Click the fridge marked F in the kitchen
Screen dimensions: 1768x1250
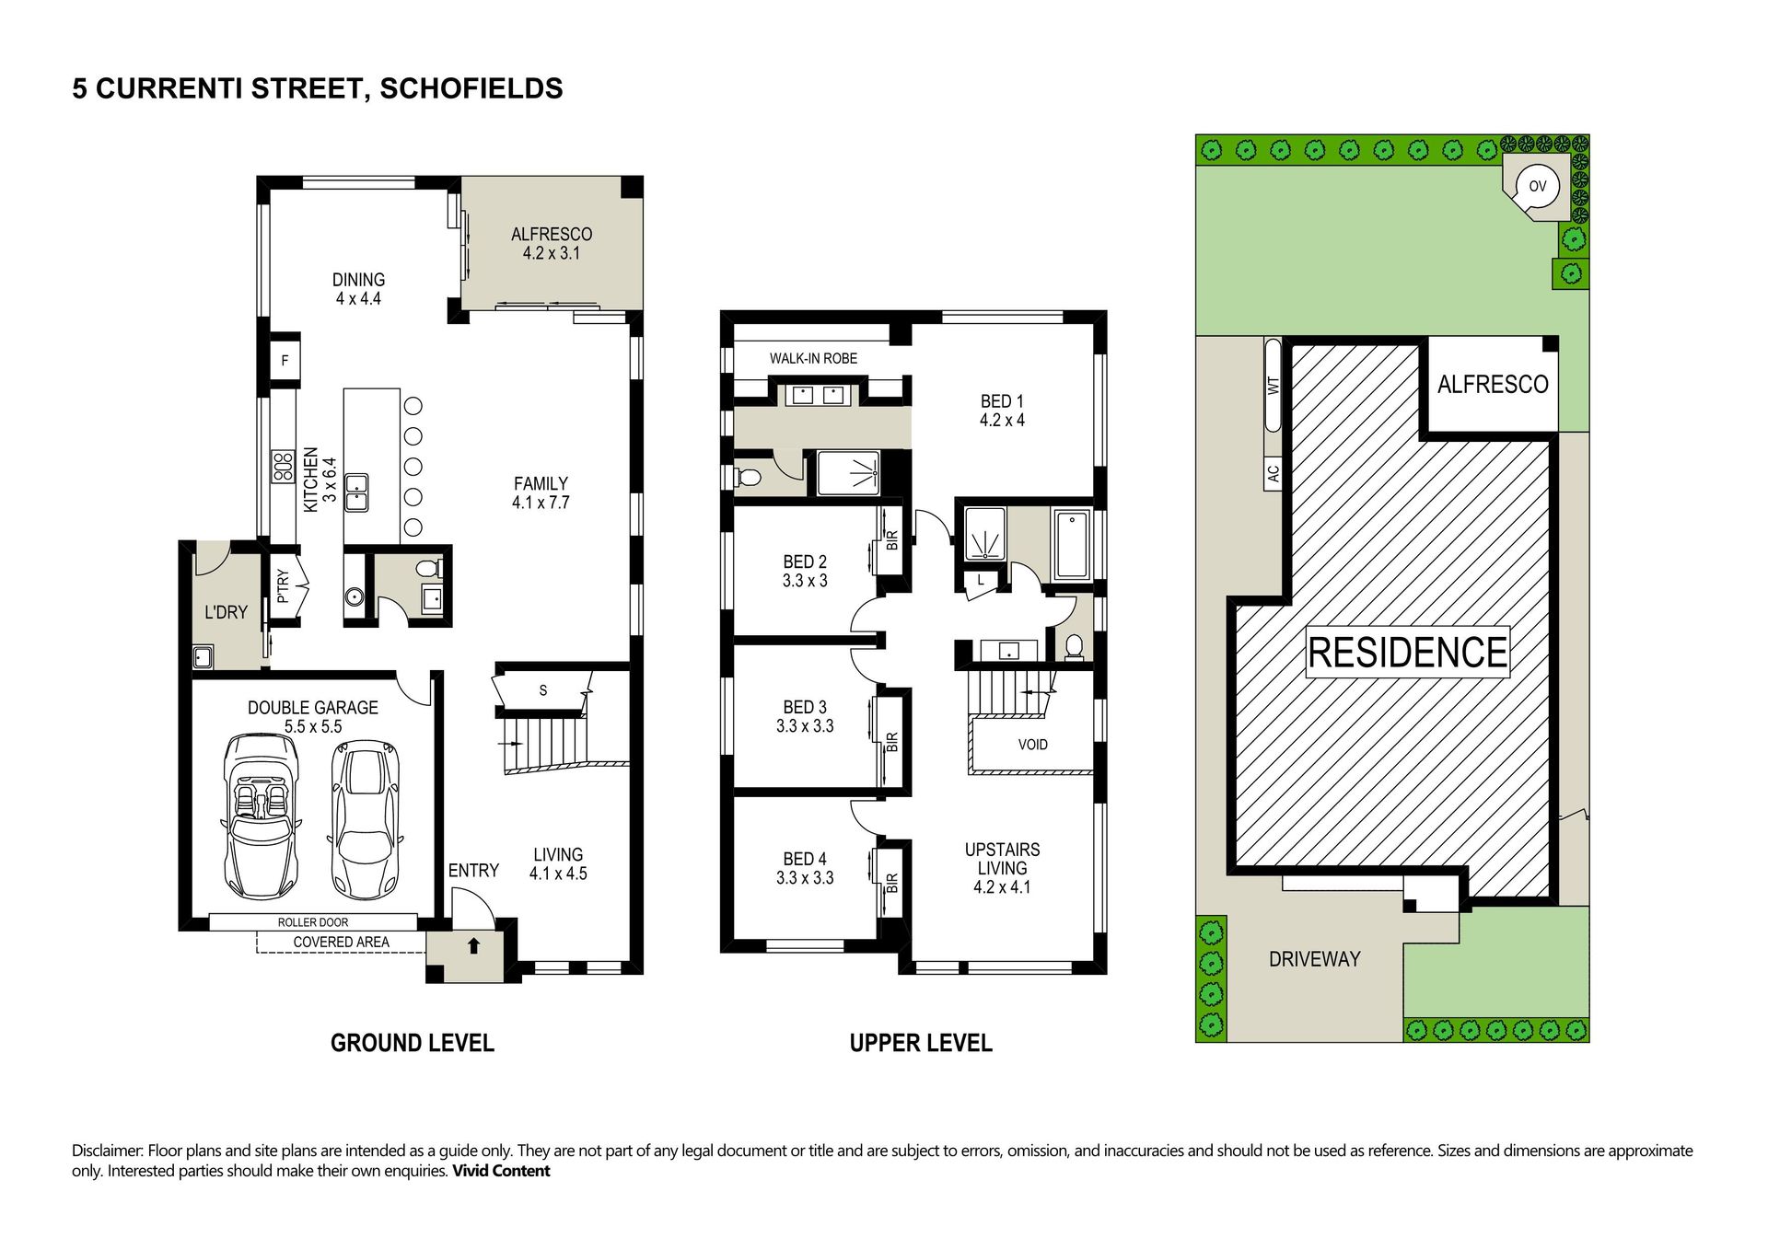(x=285, y=360)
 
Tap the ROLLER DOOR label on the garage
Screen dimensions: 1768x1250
(x=313, y=922)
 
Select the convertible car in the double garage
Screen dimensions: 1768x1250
(x=259, y=816)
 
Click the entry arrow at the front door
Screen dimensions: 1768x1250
(x=473, y=944)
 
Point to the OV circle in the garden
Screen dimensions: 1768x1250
(x=1538, y=186)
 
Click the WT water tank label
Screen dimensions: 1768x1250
(x=1274, y=386)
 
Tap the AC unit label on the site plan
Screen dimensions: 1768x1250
(x=1274, y=473)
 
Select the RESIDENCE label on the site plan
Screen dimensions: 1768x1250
(x=1407, y=653)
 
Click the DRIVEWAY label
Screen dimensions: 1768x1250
(x=1314, y=959)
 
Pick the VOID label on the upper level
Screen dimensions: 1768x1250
(x=1032, y=745)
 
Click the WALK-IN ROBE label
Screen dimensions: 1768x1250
(x=813, y=358)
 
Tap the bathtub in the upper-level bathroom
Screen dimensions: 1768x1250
(x=1072, y=545)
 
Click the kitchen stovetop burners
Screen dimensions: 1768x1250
(x=282, y=467)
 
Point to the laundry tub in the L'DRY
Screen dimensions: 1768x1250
(x=203, y=657)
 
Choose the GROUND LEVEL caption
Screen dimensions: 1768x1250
(x=413, y=1043)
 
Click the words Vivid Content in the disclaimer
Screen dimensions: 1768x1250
(x=501, y=1171)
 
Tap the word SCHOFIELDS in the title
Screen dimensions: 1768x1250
(x=471, y=88)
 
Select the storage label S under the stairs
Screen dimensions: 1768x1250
(x=543, y=690)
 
